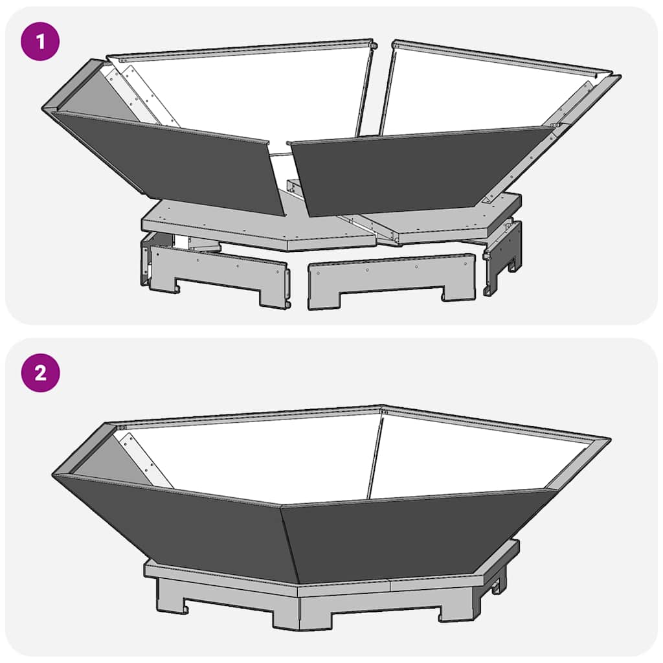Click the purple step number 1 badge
coord(41,42)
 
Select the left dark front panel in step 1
coord(175,162)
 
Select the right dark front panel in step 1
coord(421,168)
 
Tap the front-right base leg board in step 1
coord(392,278)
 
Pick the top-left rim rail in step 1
coord(240,51)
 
